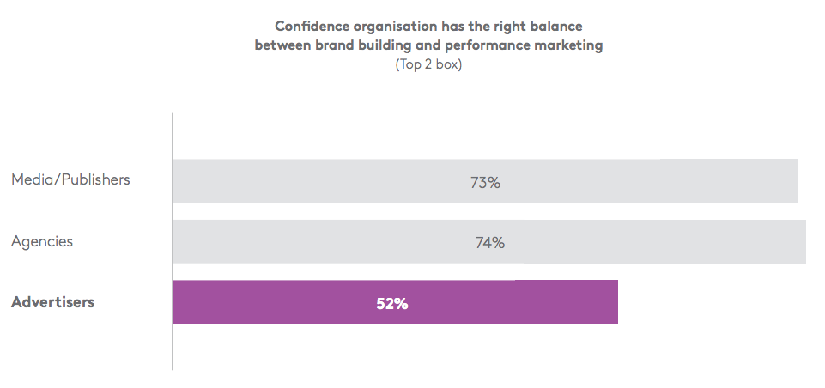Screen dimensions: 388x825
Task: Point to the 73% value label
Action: (485, 182)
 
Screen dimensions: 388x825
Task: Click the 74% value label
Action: (489, 243)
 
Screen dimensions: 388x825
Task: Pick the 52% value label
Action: (391, 303)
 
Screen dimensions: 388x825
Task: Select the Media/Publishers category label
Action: (70, 180)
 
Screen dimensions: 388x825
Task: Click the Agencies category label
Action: (42, 241)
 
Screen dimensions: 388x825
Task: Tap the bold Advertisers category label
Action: (52, 302)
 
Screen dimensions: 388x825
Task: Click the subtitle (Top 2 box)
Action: (428, 64)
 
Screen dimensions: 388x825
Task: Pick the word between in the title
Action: (280, 45)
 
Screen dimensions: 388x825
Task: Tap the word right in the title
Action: (509, 27)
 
